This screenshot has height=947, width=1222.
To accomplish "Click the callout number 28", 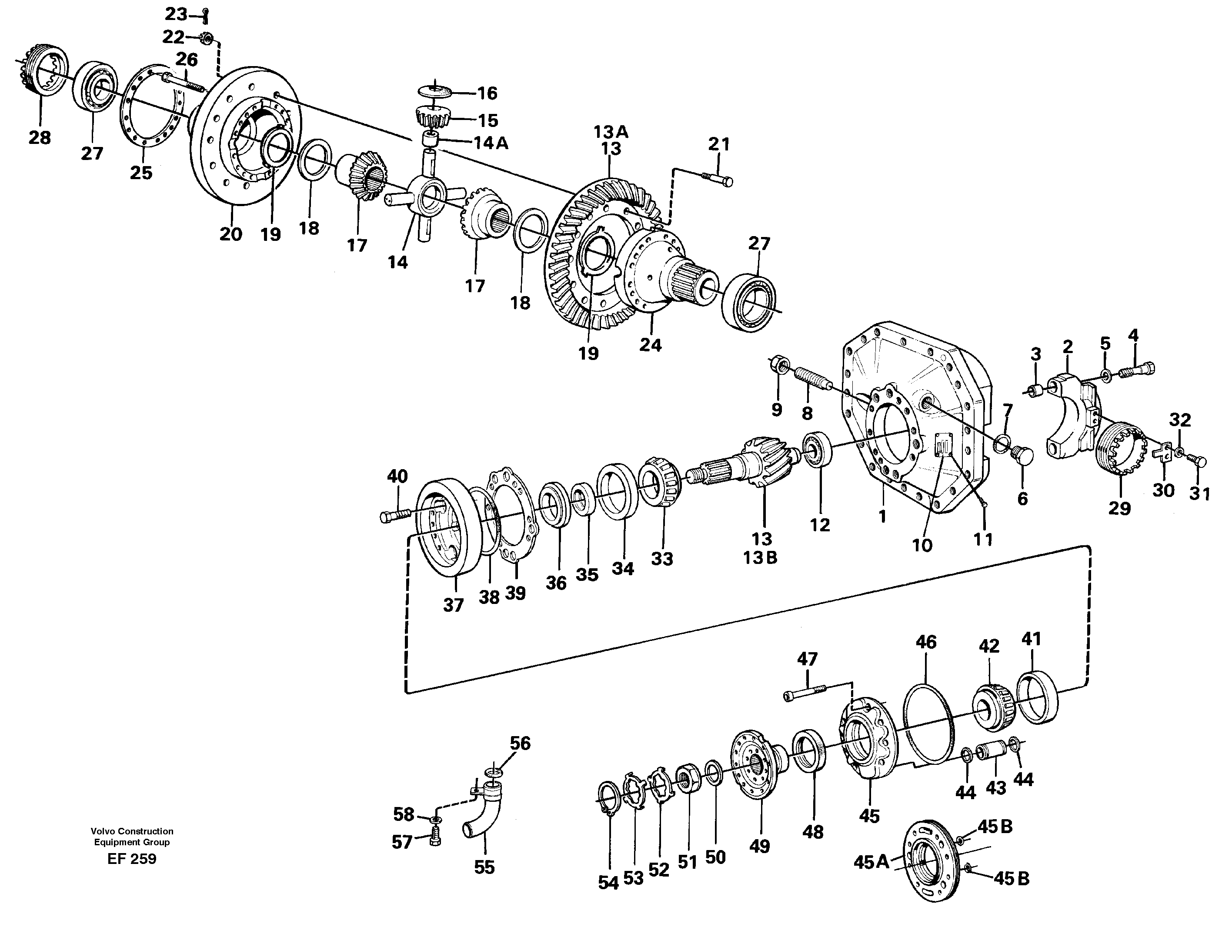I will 40,137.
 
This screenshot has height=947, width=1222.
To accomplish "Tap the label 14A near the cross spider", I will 490,143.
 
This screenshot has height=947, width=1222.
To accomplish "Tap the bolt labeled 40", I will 396,515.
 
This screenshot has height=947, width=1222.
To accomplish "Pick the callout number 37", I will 453,605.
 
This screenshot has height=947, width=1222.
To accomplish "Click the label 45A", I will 871,862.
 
